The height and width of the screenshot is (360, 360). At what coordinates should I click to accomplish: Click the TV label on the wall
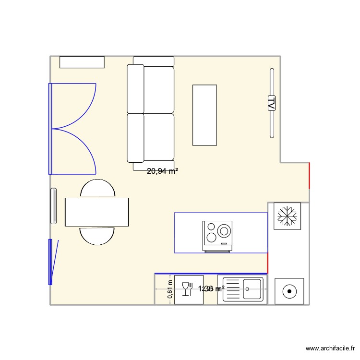click(x=271, y=103)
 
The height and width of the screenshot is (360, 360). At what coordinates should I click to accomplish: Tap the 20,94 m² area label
click(x=163, y=170)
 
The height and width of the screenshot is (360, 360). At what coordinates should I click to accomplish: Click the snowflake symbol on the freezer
click(x=287, y=216)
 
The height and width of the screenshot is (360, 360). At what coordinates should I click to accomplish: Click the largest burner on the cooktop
click(x=224, y=231)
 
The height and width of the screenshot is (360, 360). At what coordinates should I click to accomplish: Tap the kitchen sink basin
click(x=252, y=289)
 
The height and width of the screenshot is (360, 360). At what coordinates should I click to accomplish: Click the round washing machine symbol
click(x=289, y=291)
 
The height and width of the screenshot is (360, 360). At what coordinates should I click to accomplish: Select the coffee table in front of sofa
click(x=204, y=115)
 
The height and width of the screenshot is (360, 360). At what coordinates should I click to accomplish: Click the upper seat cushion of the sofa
click(x=158, y=89)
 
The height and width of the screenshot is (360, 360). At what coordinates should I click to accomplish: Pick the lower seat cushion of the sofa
click(x=158, y=137)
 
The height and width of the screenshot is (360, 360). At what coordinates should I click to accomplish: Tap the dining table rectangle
click(x=97, y=212)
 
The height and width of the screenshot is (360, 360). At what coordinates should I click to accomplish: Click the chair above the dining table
click(x=97, y=188)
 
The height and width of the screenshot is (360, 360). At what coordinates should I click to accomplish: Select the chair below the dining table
click(x=97, y=236)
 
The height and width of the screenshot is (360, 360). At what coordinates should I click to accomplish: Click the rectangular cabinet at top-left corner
click(x=82, y=62)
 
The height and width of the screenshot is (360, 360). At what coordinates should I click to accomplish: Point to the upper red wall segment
click(x=309, y=175)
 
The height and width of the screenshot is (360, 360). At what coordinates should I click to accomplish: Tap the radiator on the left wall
click(x=54, y=206)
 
